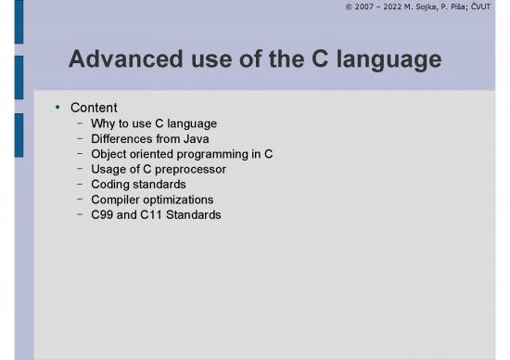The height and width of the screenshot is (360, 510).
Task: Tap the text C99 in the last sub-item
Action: (x=103, y=214)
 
